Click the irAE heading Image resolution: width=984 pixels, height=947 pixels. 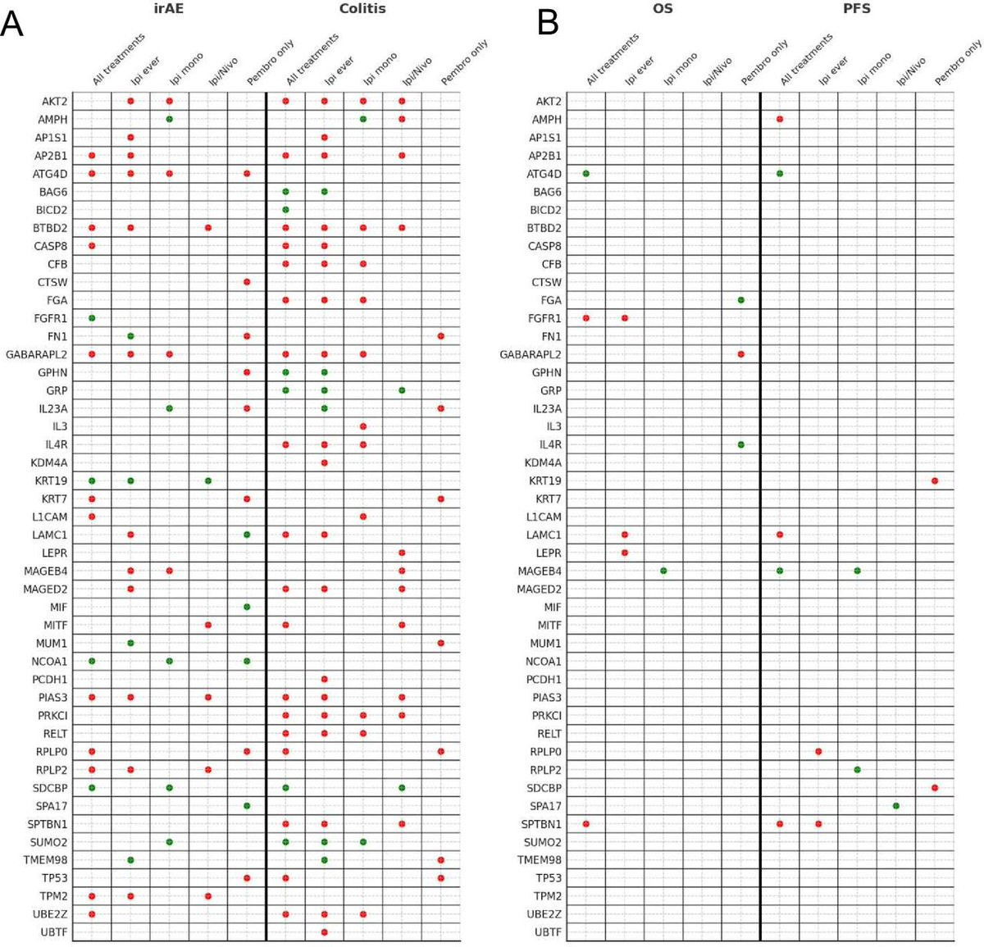169,8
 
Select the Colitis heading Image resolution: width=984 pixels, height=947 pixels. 362,8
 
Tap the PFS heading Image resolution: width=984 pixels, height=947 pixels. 857,8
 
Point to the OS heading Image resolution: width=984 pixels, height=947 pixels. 663,8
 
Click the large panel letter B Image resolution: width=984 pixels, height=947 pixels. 548,23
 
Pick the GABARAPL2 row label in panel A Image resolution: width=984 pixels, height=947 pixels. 36,354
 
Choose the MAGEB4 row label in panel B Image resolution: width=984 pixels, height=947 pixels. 540,571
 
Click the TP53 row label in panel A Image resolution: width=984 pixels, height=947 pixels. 54,878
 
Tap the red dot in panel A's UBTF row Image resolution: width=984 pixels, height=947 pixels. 324,932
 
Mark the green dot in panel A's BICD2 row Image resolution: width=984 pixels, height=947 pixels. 285,209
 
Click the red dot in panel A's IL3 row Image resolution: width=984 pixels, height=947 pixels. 363,426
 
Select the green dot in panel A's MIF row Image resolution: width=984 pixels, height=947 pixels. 247,607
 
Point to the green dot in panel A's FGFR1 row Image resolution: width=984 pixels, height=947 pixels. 92,318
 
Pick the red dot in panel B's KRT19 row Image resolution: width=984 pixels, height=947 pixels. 935,480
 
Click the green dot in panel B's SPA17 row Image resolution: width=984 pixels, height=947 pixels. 896,806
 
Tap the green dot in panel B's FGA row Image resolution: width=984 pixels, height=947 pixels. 740,300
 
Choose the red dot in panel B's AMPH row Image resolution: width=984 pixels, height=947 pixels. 780,120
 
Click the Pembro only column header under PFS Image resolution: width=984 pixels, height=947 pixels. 959,61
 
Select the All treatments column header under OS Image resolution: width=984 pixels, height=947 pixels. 613,59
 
